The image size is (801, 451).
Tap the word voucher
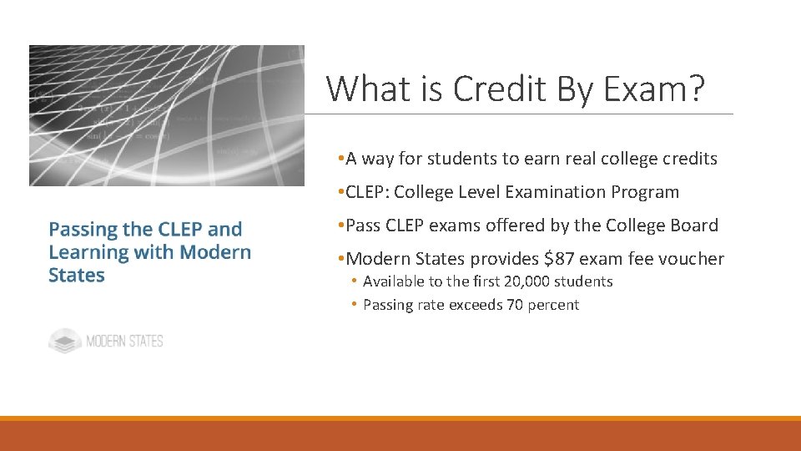click(x=692, y=259)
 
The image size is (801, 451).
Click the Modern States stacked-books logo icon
click(x=64, y=341)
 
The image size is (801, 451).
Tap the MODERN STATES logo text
click(x=124, y=341)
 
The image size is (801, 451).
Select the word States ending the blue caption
click(x=77, y=276)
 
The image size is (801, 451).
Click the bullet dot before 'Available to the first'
click(x=355, y=281)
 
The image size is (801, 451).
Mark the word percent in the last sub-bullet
click(x=552, y=305)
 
